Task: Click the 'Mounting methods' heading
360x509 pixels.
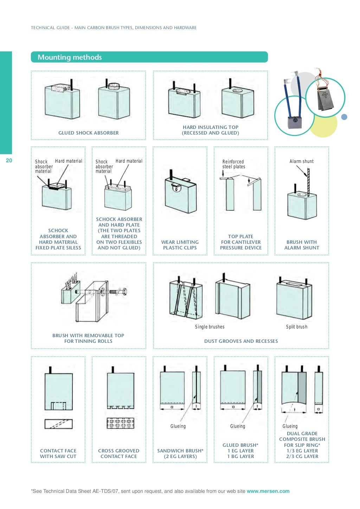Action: coord(70,57)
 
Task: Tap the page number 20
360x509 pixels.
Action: coord(9,161)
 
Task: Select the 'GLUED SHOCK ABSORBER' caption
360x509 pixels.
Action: coord(88,133)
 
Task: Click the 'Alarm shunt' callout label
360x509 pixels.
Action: coord(301,161)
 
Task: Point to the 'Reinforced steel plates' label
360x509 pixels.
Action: coord(233,164)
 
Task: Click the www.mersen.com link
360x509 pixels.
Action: coord(268,491)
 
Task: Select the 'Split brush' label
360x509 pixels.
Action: coord(296,327)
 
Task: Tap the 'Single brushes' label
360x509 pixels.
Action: coord(210,327)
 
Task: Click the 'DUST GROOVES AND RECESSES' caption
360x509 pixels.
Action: coord(241,341)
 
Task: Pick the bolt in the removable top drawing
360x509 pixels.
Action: coord(118,292)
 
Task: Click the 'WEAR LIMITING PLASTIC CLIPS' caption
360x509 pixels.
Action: coord(180,245)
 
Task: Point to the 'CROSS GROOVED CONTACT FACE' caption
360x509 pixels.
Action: coord(118,453)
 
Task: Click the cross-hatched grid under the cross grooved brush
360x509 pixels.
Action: coord(121,423)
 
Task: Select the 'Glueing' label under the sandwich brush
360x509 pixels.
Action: coord(178,426)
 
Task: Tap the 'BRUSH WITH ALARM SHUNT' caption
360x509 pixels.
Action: coord(302,245)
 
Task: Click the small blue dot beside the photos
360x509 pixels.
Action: coord(344,117)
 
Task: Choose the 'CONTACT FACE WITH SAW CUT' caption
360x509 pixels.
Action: coord(58,453)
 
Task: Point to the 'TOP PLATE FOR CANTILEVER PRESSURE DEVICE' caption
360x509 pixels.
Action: coord(240,242)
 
